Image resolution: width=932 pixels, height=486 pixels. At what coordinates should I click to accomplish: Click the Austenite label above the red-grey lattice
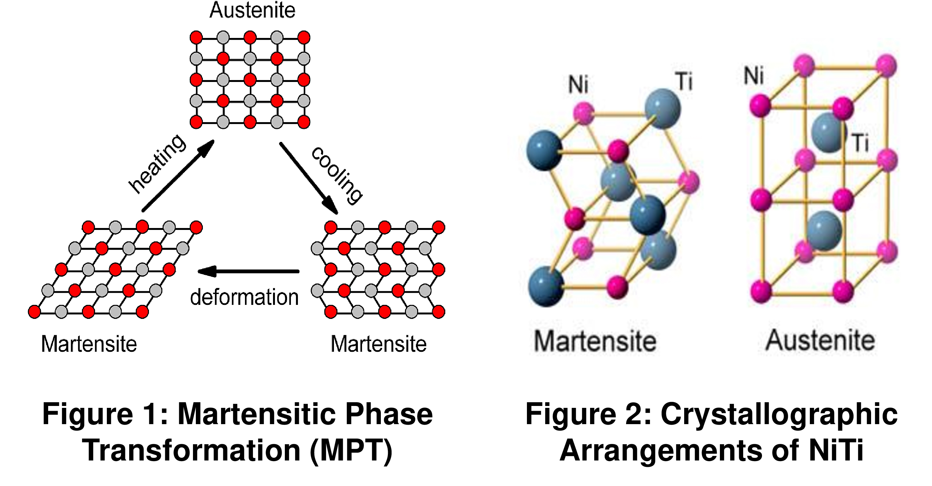[252, 10]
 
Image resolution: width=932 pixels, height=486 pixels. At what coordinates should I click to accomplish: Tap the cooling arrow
[308, 178]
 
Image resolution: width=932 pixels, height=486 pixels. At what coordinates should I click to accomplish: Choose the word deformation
[244, 297]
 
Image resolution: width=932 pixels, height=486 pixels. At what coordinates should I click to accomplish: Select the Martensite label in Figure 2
[595, 341]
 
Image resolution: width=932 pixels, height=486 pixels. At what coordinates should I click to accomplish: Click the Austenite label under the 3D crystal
[820, 340]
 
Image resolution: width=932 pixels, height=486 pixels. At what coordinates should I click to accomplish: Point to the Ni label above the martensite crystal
[578, 85]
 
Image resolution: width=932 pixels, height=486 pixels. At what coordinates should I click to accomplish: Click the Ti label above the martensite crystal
[684, 81]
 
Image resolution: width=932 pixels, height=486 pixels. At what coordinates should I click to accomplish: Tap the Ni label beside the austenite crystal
[754, 76]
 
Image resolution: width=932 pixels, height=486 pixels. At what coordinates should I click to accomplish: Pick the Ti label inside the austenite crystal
[861, 143]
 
